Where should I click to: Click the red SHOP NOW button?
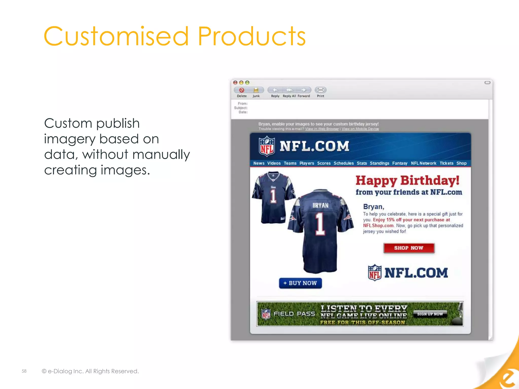point(409,248)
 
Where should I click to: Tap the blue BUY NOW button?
point(300,283)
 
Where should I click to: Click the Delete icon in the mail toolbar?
point(242,90)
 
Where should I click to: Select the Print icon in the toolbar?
point(321,90)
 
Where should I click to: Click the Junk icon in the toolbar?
point(256,90)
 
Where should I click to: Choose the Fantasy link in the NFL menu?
point(400,163)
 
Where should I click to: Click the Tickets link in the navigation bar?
point(446,163)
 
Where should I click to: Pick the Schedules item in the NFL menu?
point(343,163)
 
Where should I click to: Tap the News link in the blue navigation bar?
point(259,163)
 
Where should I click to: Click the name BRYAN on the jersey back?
point(320,205)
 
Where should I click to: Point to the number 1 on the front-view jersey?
point(273,196)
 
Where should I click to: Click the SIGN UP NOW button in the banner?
point(430,314)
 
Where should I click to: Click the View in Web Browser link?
point(322,129)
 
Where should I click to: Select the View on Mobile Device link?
point(360,129)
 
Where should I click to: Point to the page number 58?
point(24,371)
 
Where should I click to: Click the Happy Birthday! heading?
point(407,181)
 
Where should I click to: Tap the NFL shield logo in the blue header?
point(267,146)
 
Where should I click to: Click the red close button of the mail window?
point(235,83)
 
